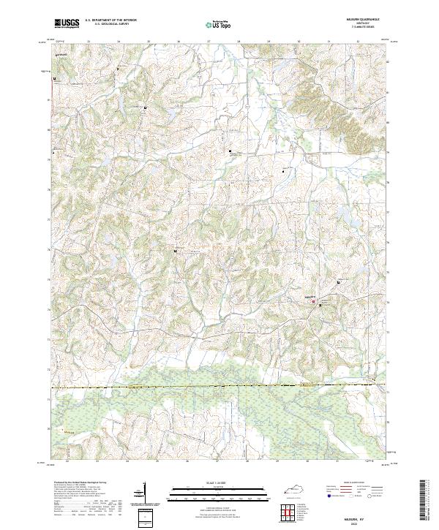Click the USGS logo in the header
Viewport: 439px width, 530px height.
tap(67, 24)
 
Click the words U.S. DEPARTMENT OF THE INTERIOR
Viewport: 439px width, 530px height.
tap(110, 20)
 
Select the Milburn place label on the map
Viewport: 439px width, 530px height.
tap(310, 296)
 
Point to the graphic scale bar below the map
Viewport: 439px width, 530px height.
tap(219, 492)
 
